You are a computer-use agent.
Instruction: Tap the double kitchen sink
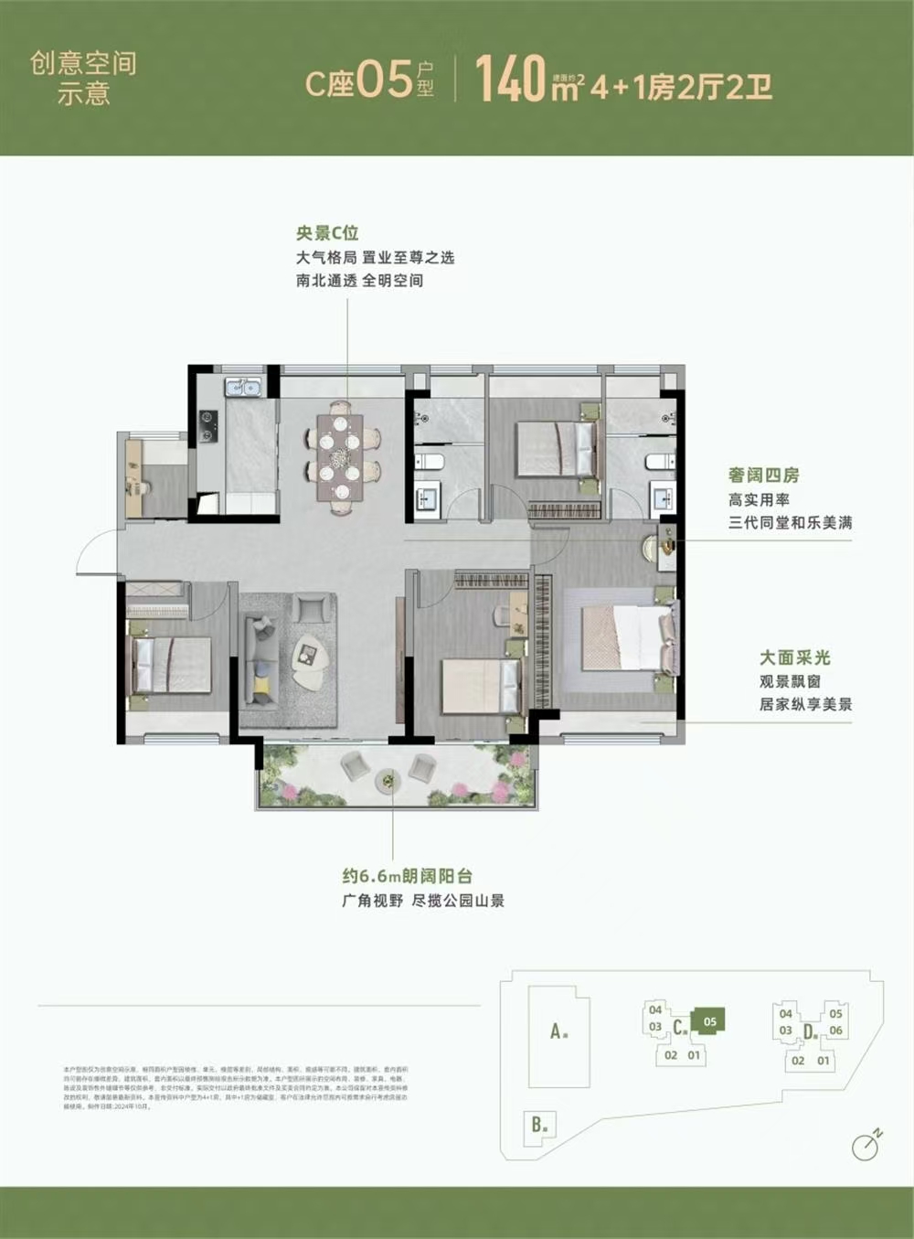tap(243, 388)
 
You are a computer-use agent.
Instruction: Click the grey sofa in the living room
tap(261, 660)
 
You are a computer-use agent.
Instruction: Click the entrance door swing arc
tap(94, 553)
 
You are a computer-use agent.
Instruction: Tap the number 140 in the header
tap(511, 80)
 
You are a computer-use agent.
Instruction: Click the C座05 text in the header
tap(358, 81)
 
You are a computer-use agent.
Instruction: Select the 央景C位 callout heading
tap(326, 233)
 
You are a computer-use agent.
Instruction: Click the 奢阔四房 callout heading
tap(763, 475)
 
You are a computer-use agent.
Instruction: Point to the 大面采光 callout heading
tap(794, 657)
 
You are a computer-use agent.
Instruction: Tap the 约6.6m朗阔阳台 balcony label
tap(408, 875)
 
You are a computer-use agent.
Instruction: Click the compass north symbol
tap(865, 1146)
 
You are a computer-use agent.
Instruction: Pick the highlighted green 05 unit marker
tap(710, 1020)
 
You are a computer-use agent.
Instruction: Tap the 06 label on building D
tap(835, 1031)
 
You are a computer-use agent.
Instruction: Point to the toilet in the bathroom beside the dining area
tap(430, 461)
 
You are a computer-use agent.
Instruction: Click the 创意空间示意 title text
tap(83, 78)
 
